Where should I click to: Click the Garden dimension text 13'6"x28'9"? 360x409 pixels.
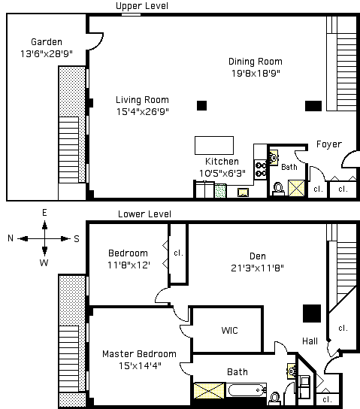click(x=47, y=53)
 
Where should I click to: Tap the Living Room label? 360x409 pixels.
click(x=142, y=100)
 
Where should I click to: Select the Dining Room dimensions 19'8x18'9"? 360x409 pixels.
click(x=256, y=73)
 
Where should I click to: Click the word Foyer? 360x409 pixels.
click(x=329, y=144)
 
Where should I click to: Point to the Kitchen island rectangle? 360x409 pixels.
click(x=214, y=145)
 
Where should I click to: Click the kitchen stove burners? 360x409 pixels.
click(x=261, y=170)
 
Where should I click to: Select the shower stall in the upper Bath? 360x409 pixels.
click(x=296, y=188)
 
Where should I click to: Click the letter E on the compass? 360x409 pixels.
click(x=44, y=213)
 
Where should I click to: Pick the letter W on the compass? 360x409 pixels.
click(x=44, y=262)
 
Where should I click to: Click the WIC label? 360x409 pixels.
click(x=230, y=331)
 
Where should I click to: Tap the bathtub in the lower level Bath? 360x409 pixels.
click(x=247, y=390)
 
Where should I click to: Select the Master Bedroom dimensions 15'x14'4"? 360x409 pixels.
click(x=140, y=365)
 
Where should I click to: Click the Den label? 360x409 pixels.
click(x=258, y=256)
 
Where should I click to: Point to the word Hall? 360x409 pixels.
click(x=310, y=341)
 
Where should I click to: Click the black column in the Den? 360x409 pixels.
click(x=312, y=314)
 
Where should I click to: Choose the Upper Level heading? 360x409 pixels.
click(x=142, y=6)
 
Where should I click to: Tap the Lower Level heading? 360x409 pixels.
click(x=144, y=214)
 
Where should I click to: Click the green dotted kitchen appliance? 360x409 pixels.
click(x=220, y=191)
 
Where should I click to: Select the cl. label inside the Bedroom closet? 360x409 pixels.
click(x=179, y=253)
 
